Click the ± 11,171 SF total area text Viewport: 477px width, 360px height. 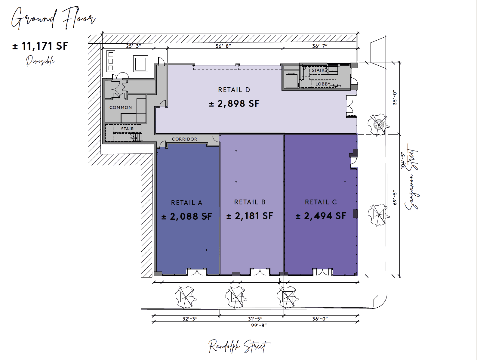(x=40, y=46)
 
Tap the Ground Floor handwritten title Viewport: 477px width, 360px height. (x=53, y=18)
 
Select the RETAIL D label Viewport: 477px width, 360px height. (x=234, y=90)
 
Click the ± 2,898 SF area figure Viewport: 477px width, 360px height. (x=234, y=104)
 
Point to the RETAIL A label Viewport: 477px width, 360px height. (x=187, y=203)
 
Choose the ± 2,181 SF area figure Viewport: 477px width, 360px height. (x=250, y=216)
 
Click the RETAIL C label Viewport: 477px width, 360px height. (x=321, y=202)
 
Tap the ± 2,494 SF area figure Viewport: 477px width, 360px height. (x=321, y=216)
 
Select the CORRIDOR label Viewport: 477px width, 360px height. (x=184, y=139)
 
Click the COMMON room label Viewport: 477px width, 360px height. (x=121, y=108)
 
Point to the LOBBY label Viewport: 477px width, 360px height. (x=323, y=84)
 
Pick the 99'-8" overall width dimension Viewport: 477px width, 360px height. (x=259, y=325)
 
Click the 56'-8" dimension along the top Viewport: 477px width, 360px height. (x=223, y=46)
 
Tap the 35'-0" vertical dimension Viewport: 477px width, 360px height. (x=395, y=98)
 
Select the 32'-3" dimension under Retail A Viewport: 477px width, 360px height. (x=190, y=319)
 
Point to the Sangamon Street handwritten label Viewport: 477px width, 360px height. (x=412, y=177)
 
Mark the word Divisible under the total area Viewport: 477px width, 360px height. (x=40, y=61)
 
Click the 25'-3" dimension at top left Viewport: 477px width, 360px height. (x=134, y=46)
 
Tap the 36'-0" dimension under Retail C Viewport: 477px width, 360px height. (x=320, y=319)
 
